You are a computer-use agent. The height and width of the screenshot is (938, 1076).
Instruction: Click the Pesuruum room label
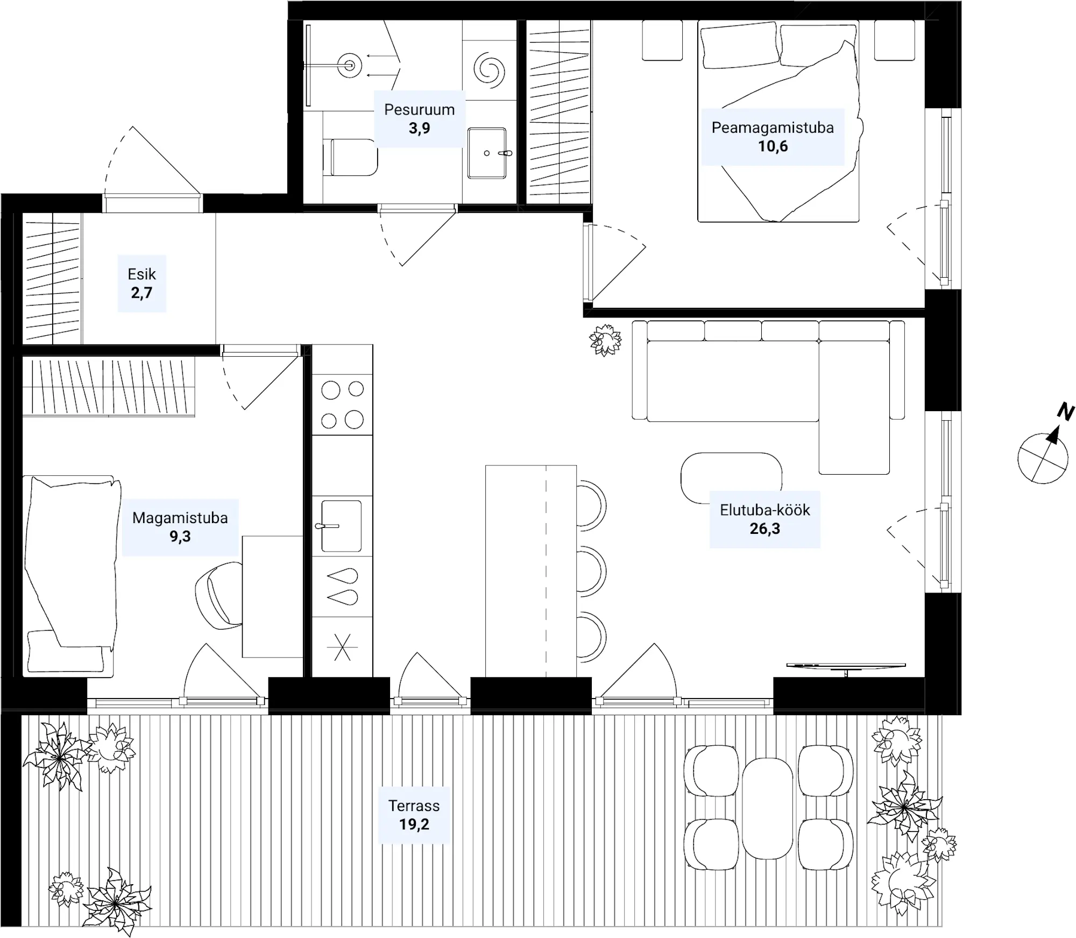(419, 110)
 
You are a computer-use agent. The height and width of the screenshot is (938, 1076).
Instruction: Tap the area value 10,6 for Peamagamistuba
(773, 146)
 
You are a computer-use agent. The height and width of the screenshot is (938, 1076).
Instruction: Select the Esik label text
(141, 274)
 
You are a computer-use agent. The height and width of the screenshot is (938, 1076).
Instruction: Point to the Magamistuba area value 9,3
(180, 536)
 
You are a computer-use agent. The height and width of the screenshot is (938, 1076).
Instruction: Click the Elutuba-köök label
(764, 510)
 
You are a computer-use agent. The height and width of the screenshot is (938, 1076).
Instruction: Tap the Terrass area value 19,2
(414, 824)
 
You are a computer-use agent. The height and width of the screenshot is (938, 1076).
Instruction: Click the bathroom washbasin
(487, 153)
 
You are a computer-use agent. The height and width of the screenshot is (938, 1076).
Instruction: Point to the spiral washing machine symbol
(490, 69)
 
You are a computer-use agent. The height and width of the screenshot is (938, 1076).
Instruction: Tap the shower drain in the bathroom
(350, 66)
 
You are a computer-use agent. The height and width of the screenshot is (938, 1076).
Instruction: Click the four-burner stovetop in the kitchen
(342, 404)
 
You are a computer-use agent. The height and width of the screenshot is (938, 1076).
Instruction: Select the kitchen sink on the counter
(341, 526)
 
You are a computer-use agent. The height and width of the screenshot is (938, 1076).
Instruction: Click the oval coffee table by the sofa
(731, 478)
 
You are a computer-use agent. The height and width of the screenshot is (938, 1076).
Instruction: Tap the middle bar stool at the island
(591, 571)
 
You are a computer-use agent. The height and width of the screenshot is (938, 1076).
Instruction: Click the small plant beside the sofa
(605, 340)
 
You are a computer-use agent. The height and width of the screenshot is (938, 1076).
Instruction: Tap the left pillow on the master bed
(740, 45)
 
